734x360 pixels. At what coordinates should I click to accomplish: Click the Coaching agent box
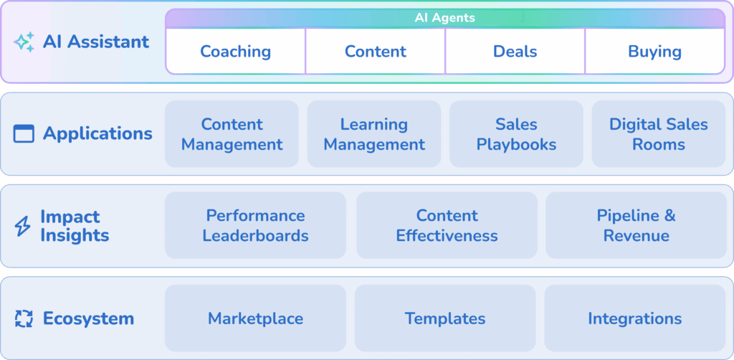[235, 52]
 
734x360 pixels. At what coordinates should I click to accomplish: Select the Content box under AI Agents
[375, 52]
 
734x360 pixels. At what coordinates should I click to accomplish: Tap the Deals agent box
[515, 52]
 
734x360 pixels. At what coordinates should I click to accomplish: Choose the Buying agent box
[654, 52]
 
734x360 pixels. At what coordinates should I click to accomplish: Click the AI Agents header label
[444, 18]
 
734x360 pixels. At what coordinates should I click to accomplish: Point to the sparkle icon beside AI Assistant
[24, 42]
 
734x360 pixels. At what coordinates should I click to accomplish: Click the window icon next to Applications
[24, 133]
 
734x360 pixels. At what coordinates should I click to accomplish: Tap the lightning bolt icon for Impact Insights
[23, 227]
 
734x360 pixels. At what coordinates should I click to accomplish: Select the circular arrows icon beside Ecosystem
[24, 318]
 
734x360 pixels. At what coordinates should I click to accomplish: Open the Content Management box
[232, 134]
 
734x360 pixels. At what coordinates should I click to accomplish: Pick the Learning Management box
[373, 134]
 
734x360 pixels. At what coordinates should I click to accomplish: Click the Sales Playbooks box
[516, 134]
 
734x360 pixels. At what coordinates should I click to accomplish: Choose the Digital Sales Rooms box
[658, 134]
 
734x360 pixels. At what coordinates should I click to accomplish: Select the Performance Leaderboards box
[255, 225]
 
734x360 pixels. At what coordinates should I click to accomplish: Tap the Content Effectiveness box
[447, 225]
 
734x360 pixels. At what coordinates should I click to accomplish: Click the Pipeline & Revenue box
[636, 225]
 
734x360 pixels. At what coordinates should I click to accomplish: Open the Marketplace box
[255, 318]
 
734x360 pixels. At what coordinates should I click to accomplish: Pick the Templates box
[444, 318]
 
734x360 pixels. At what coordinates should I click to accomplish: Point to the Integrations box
[634, 318]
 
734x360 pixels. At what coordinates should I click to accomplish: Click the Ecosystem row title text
[88, 318]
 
